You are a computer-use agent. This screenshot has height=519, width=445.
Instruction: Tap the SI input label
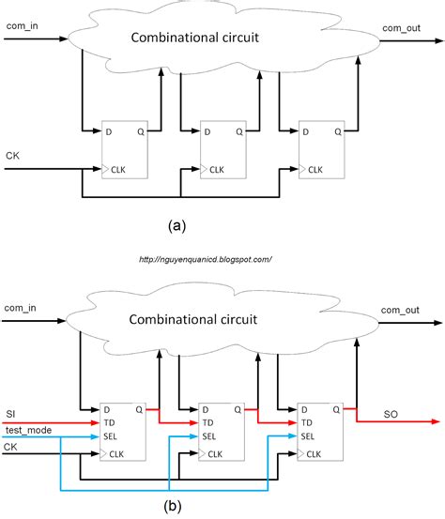pyautogui.click(x=11, y=414)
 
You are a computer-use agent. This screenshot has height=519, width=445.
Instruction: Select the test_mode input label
pyautogui.click(x=28, y=429)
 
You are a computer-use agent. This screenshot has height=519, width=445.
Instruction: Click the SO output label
pyautogui.click(x=391, y=414)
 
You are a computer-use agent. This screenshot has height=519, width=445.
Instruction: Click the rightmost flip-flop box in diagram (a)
pyautogui.click(x=322, y=150)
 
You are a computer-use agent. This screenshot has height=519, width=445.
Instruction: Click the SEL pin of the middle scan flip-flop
pyautogui.click(x=212, y=437)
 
